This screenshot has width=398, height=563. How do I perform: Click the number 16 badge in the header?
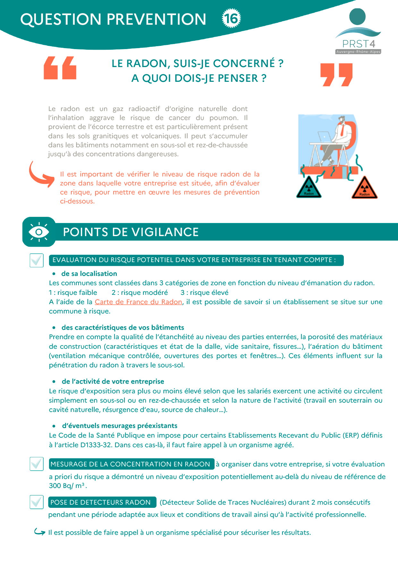click(x=231, y=18)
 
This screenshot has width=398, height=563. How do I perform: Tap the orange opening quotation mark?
click(x=60, y=68)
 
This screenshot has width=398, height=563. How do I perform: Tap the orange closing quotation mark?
click(x=336, y=75)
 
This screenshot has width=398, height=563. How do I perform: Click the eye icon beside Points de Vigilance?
click(x=39, y=232)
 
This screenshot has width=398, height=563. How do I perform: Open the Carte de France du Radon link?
click(x=138, y=302)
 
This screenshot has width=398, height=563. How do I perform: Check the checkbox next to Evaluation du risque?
click(x=37, y=260)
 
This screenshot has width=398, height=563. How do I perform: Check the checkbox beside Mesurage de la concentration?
click(x=37, y=464)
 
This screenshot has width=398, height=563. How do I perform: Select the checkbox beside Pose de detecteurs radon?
click(x=37, y=502)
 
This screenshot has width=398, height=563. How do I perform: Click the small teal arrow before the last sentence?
click(x=40, y=532)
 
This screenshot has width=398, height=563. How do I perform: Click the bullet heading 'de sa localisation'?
click(x=89, y=274)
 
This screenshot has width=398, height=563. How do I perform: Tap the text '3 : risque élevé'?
click(x=204, y=293)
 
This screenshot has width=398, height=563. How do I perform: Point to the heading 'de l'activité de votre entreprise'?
click(x=113, y=381)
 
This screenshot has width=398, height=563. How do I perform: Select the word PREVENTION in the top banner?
click(x=156, y=19)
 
